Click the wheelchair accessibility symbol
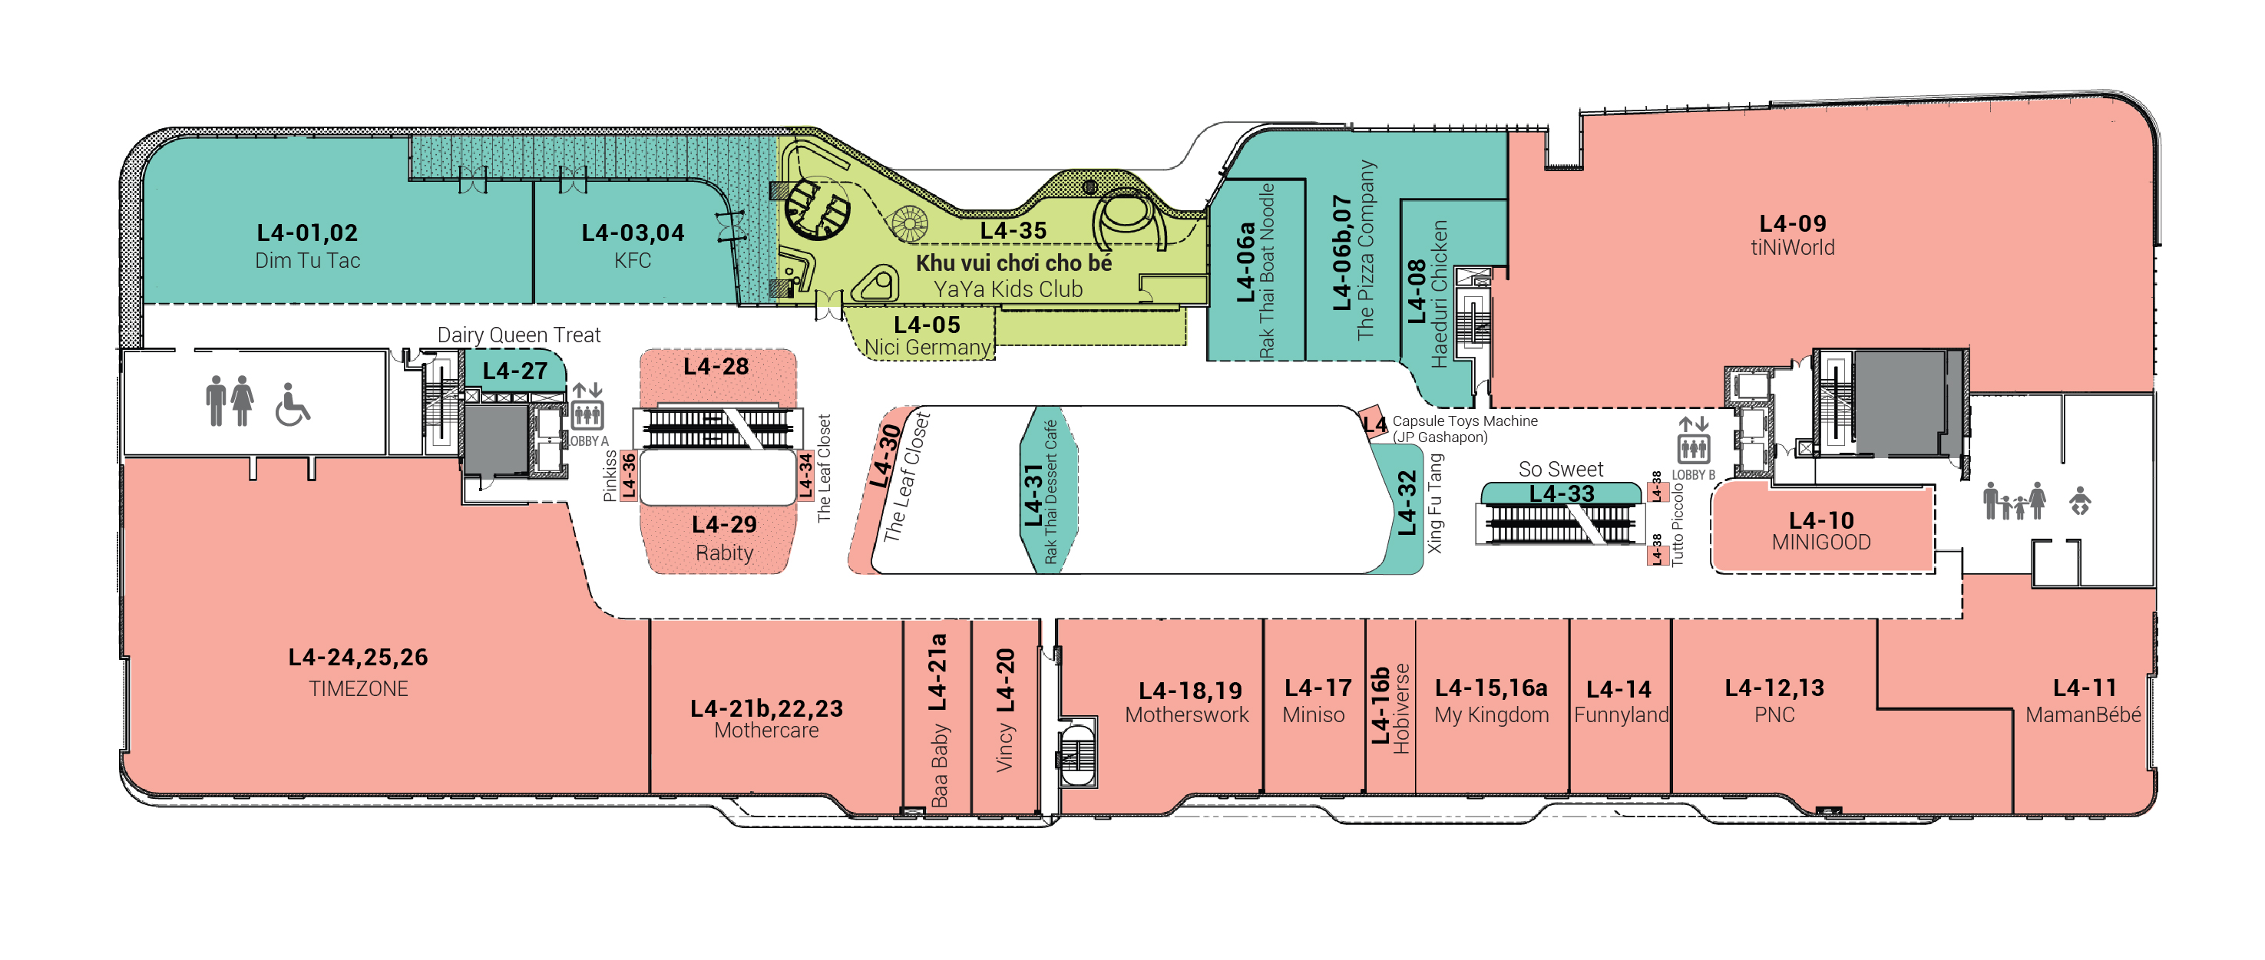tap(292, 404)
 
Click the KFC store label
tap(633, 261)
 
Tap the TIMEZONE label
tap(359, 688)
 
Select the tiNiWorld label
tap(1793, 248)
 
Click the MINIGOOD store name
tap(1821, 543)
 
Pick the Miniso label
tap(1314, 714)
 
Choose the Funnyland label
tap(1622, 714)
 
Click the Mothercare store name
tap(765, 731)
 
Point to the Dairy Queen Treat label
tap(519, 335)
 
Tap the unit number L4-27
tap(515, 371)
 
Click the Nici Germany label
tap(927, 348)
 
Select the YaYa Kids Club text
tap(1007, 289)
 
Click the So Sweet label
tap(1561, 470)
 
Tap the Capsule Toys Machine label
tap(1465, 421)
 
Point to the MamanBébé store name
tap(2083, 714)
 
